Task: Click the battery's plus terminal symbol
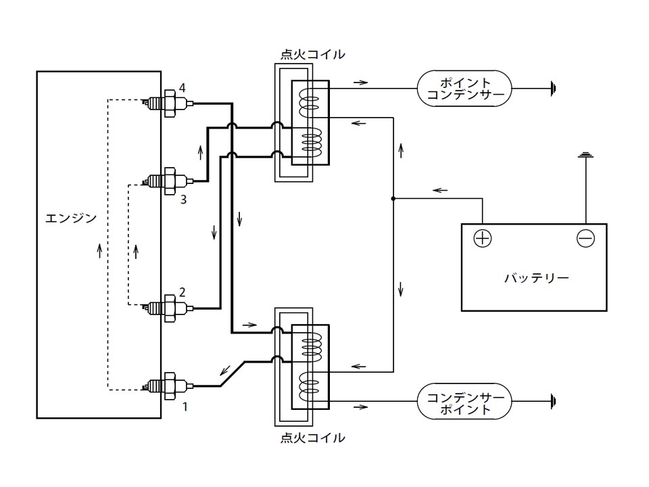point(482,239)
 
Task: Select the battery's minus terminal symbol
point(585,239)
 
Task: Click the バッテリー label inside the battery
point(536,278)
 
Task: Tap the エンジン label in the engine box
point(71,218)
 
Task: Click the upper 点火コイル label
point(312,54)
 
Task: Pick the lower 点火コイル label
point(312,438)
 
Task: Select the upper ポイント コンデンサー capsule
point(464,89)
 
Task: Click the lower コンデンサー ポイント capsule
point(464,401)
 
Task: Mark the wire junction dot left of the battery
point(393,199)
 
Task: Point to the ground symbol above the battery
point(585,156)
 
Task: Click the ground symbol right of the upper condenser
point(553,89)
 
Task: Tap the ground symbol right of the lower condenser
point(553,401)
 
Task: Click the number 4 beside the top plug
point(182,88)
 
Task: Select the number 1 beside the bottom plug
point(185,407)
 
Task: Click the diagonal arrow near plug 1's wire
point(226,370)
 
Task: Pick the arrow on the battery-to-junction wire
point(440,191)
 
